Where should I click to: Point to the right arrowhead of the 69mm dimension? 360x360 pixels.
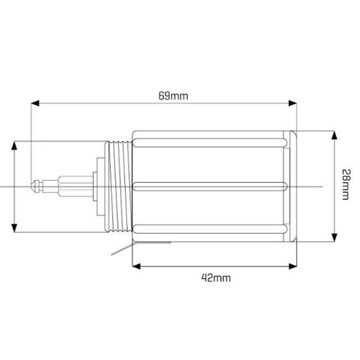click(292, 103)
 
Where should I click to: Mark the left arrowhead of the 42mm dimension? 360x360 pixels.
click(136, 265)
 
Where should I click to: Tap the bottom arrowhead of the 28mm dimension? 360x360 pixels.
click(334, 236)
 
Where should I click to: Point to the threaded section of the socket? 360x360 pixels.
click(119, 186)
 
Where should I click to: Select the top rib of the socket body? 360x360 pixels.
click(209, 139)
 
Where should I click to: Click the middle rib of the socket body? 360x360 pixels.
click(209, 185)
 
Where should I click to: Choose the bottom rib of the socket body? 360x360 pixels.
click(209, 231)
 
